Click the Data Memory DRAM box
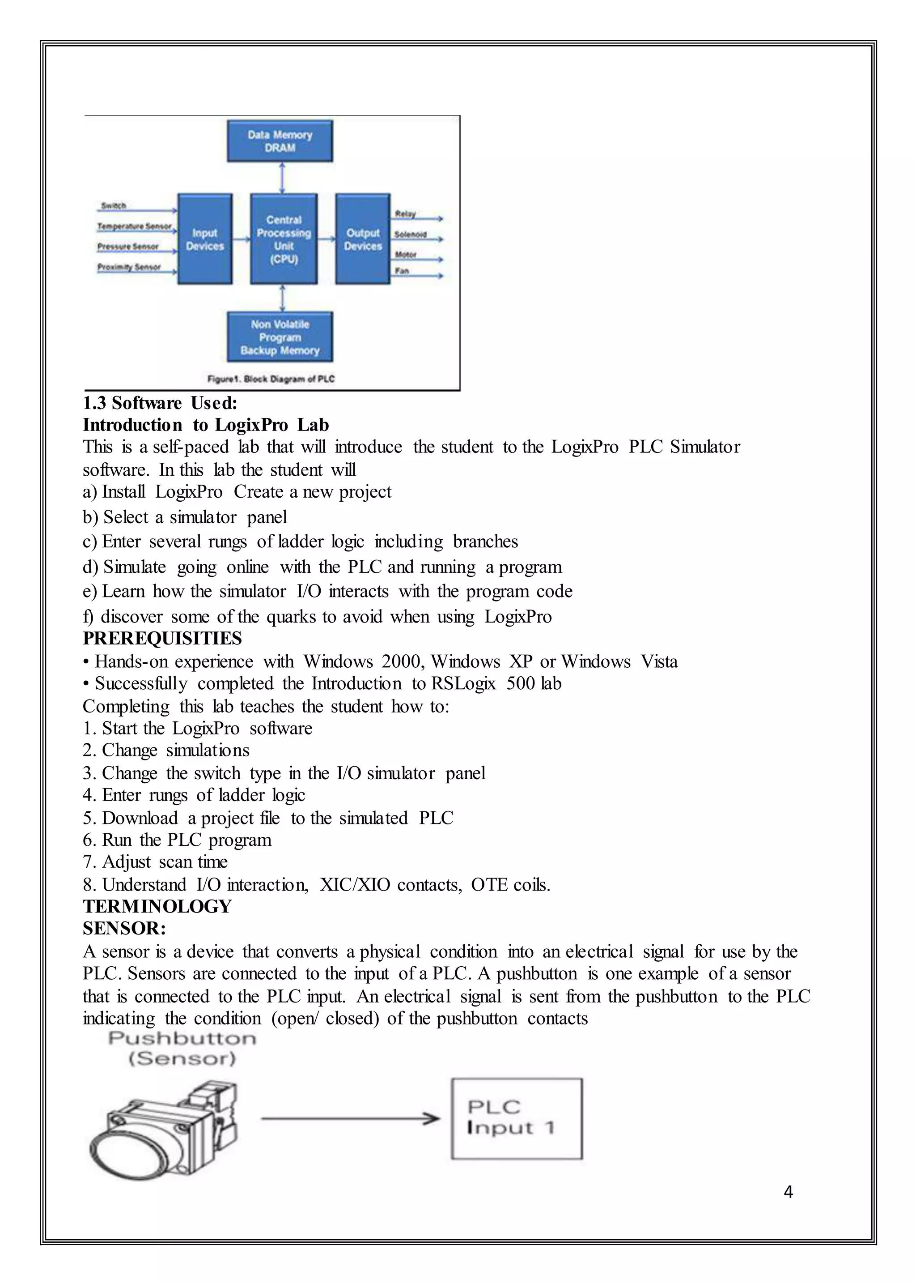(x=280, y=141)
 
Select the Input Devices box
(x=205, y=239)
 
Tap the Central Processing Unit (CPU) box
(x=284, y=239)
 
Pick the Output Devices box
(x=363, y=239)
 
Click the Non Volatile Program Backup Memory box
(x=280, y=337)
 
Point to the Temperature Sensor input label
(x=134, y=226)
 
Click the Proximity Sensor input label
(x=129, y=267)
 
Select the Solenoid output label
(x=410, y=234)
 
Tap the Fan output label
(x=402, y=271)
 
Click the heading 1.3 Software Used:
(x=160, y=403)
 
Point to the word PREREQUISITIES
(x=162, y=638)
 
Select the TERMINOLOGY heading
(x=157, y=906)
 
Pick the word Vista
(x=659, y=661)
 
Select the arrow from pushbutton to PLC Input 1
(x=350, y=1118)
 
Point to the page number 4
(x=789, y=1191)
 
